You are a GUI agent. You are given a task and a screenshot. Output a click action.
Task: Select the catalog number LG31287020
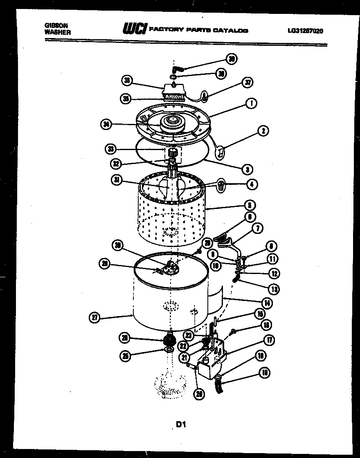[x=305, y=30]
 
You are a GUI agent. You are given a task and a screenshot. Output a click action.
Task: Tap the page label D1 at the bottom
[x=181, y=424]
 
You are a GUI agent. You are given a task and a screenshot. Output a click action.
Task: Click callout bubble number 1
[x=251, y=104]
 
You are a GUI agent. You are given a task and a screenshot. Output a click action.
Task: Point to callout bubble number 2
[x=263, y=131]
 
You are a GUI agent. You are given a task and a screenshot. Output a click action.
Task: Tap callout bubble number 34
[x=106, y=125]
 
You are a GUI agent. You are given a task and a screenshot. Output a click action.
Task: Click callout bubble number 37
[x=247, y=83]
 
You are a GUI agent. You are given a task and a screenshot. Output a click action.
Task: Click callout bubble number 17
[x=269, y=340]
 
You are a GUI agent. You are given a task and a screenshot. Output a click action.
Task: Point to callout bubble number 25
[x=125, y=357]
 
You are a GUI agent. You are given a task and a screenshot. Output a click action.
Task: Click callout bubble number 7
[x=258, y=228]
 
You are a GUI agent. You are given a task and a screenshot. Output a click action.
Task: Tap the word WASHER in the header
[x=57, y=32]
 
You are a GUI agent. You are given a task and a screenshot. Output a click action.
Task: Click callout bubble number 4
[x=252, y=184]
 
